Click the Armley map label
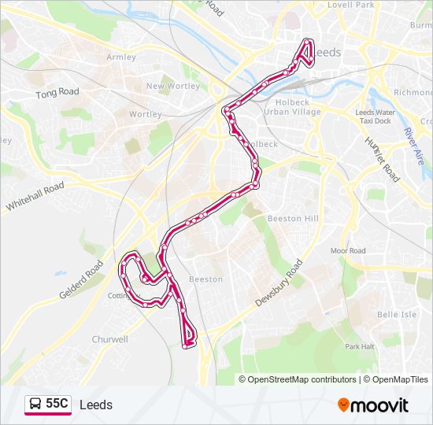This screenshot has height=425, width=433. [x=121, y=57]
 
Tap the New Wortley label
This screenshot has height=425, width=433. [x=172, y=87]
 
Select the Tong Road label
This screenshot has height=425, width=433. [x=57, y=93]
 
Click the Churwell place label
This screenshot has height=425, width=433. [x=109, y=340]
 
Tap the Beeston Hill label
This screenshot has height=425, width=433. [x=293, y=218]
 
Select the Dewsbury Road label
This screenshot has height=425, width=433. [x=279, y=283]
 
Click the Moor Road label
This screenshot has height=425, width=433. [x=348, y=251]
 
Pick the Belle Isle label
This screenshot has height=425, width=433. [x=397, y=314]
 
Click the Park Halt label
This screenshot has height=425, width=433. [x=359, y=346]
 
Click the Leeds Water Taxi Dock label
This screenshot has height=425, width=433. [x=375, y=116]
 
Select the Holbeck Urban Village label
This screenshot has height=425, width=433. [x=292, y=106]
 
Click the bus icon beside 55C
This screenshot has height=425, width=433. [x=35, y=405]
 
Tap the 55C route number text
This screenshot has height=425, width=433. [x=57, y=405]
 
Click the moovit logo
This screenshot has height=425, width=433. [x=373, y=405]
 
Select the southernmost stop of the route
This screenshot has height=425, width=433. [x=186, y=346]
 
